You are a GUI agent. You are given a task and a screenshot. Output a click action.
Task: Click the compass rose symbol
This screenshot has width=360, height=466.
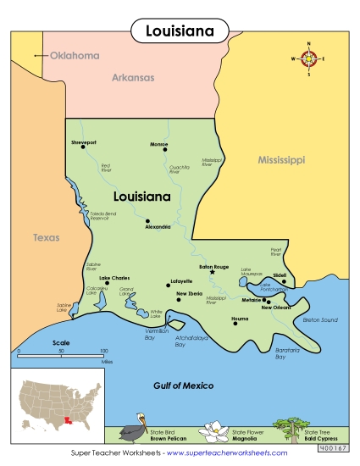point(309,58)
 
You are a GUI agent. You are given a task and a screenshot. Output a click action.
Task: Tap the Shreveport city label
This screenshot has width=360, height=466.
point(85,142)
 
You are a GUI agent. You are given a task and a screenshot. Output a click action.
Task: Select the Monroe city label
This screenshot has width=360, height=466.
point(158,143)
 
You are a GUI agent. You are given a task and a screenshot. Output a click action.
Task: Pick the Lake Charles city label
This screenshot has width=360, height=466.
point(115,278)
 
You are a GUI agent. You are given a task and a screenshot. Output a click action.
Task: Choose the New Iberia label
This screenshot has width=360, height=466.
point(189,293)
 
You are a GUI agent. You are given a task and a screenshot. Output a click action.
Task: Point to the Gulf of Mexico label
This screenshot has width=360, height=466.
point(183,386)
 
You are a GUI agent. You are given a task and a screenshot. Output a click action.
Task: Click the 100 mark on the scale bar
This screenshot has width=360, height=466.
point(104,351)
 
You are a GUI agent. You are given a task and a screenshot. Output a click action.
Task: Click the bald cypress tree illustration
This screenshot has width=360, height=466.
point(296,428)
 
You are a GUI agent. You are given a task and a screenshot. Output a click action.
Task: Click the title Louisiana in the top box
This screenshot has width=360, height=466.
point(179,31)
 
